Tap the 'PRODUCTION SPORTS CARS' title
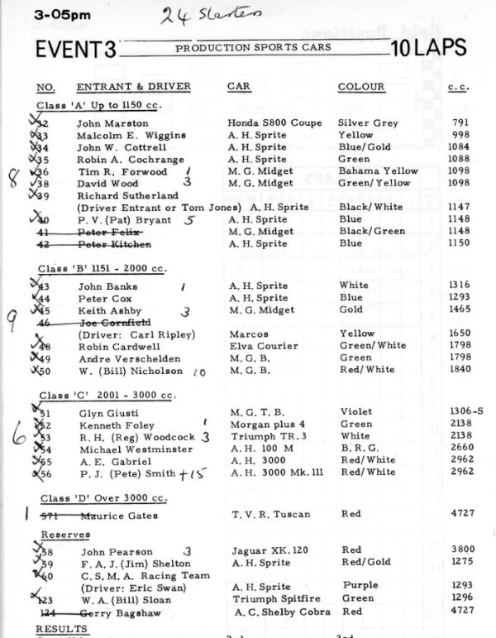[252, 48]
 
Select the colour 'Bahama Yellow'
[378, 171]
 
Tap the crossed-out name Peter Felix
[106, 233]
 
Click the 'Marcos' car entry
[246, 333]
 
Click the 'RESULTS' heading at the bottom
[61, 630]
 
